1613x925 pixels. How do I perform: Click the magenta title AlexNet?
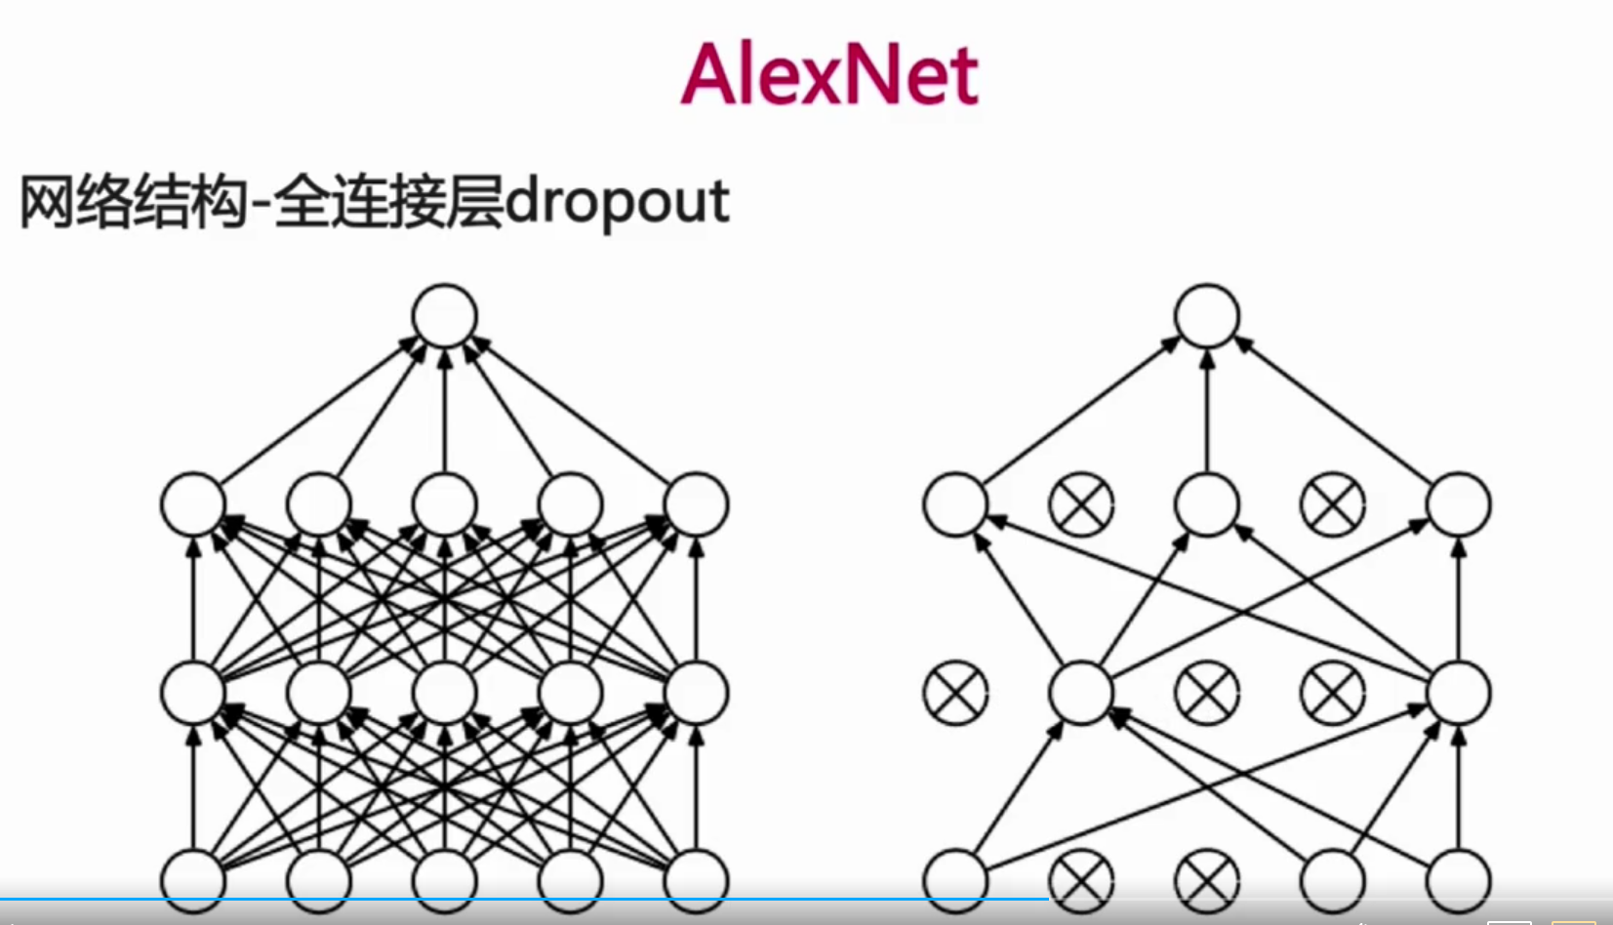[x=829, y=75]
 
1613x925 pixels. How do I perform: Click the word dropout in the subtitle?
[x=617, y=203]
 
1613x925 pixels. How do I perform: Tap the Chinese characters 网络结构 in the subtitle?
[x=132, y=203]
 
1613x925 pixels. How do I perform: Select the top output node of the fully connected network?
[x=445, y=316]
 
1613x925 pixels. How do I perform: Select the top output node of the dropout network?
[x=1207, y=316]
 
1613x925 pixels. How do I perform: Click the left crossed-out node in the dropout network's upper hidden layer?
[x=1081, y=505]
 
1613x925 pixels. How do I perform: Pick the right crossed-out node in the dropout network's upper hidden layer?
[x=1333, y=505]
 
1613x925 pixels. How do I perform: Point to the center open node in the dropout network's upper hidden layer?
[x=1207, y=505]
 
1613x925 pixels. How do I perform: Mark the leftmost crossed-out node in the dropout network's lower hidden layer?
[x=955, y=693]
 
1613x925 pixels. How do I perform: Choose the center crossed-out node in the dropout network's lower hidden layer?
[x=1207, y=693]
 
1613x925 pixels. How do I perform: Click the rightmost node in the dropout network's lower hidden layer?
[x=1459, y=693]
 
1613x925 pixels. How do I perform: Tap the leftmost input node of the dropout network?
[x=955, y=880]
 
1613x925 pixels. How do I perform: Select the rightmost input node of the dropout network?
[x=1459, y=880]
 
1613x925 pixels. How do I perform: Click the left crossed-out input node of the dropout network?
[x=1081, y=880]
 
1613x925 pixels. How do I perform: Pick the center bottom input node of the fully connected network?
[x=445, y=880]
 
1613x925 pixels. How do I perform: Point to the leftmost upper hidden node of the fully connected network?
[x=193, y=505]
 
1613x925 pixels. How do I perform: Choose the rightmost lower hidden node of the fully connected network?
[x=696, y=693]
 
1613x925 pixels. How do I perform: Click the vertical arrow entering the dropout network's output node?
[x=1207, y=410]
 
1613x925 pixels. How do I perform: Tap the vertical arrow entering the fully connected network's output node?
[x=445, y=410]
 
